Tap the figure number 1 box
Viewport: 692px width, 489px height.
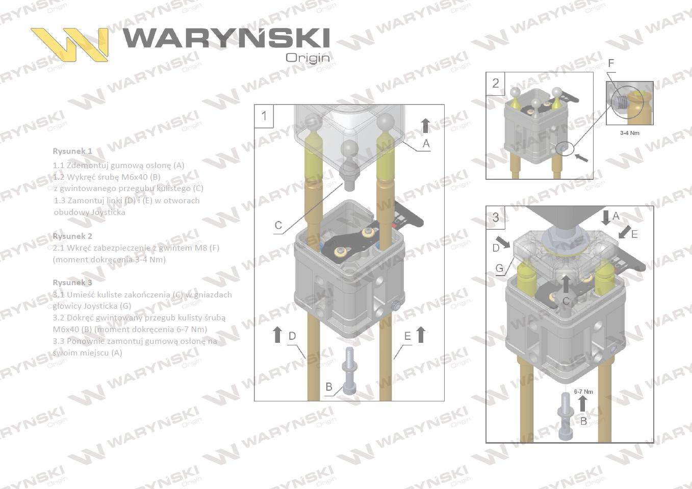[x=264, y=116]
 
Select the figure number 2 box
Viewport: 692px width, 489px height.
[x=495, y=83]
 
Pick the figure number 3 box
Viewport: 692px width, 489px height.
[x=496, y=218]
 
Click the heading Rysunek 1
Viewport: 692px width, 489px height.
[x=72, y=151]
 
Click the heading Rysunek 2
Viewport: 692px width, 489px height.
[x=72, y=236]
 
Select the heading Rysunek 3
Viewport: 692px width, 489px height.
[x=72, y=283]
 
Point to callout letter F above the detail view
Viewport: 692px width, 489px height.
[x=611, y=63]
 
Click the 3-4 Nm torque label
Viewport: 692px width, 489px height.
[x=629, y=133]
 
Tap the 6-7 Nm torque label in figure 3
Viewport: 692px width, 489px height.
[x=583, y=392]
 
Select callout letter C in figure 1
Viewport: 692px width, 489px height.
[x=278, y=225]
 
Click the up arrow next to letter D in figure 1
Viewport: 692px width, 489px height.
[x=277, y=335]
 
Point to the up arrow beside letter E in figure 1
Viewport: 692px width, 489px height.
[x=421, y=335]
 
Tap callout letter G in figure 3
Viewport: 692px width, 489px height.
[x=499, y=268]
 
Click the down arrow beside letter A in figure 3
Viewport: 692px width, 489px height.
[x=605, y=217]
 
